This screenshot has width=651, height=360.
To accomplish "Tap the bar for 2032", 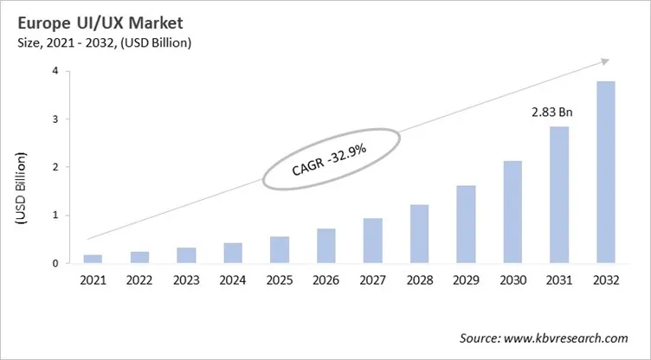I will click(605, 172).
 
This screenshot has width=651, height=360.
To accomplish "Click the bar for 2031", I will click(560, 195).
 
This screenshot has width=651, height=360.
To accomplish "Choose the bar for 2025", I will click(279, 249).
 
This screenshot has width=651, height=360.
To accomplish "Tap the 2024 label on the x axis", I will click(233, 280).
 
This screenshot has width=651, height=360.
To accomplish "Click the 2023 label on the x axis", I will click(186, 280).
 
